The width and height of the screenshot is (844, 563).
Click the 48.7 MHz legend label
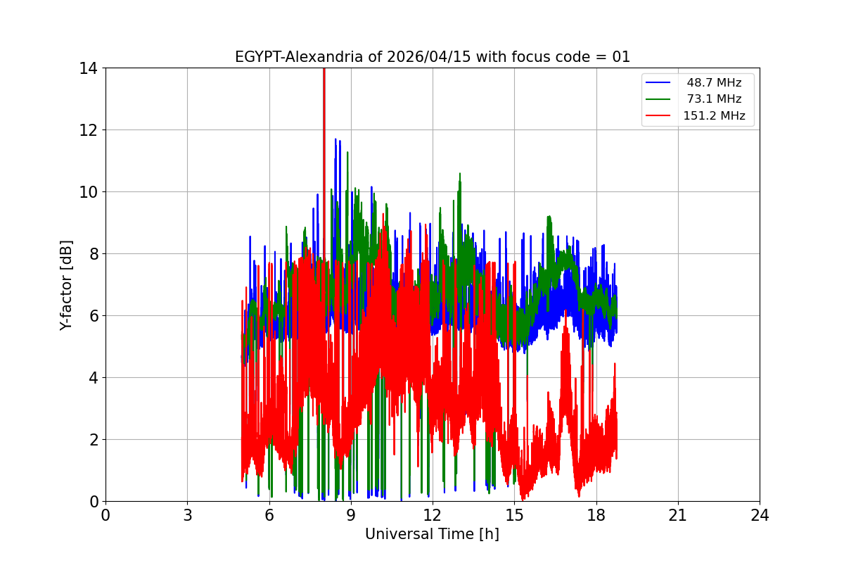point(714,83)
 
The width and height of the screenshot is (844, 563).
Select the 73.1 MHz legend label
point(714,99)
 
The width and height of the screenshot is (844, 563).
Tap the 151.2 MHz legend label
point(714,116)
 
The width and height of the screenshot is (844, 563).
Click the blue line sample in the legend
point(658,83)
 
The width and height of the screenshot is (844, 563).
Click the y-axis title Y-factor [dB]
point(66,285)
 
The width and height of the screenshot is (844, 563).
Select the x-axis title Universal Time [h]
point(432,534)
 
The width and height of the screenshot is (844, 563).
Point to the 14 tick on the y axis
point(89,68)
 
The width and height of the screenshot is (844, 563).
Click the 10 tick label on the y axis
point(89,192)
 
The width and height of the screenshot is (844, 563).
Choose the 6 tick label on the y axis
point(93,316)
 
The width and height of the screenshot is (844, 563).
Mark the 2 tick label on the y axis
point(93,440)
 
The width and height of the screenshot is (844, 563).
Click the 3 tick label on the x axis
point(187,515)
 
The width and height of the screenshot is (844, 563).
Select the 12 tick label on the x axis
point(433,515)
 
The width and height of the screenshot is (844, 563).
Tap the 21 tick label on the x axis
point(678,515)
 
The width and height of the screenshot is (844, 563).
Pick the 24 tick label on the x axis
point(760,515)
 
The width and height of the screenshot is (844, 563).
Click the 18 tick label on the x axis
point(596,515)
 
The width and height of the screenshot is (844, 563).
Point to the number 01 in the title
point(621,57)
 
